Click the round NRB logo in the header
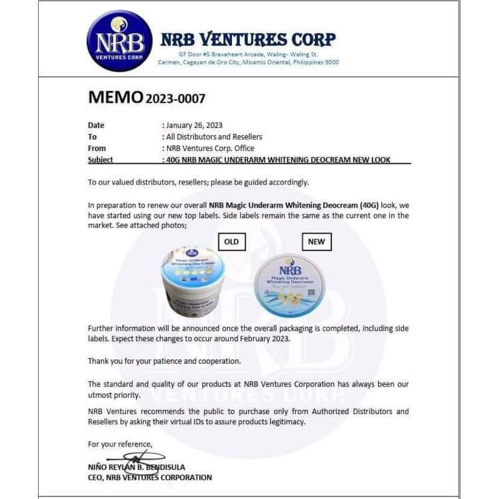119,41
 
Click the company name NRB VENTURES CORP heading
248,39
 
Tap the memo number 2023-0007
175,99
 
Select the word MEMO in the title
115,97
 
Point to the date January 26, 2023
194,125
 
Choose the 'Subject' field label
100,160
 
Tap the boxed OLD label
231,241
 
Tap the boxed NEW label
316,241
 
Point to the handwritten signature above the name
143,457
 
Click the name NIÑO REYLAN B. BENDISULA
137,467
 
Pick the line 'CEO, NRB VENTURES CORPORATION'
150,478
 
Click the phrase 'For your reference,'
119,444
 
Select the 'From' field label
97,148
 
